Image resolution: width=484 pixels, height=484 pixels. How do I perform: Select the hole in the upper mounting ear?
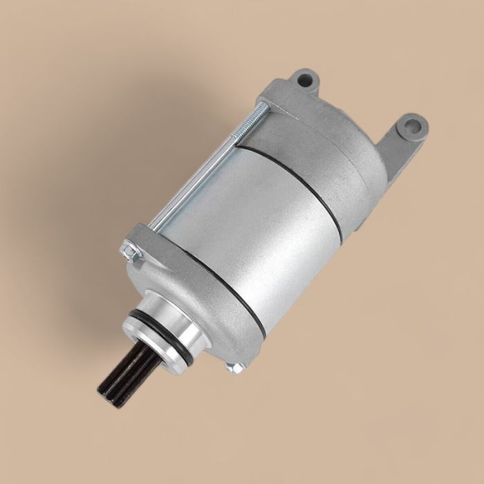tap(302, 79)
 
